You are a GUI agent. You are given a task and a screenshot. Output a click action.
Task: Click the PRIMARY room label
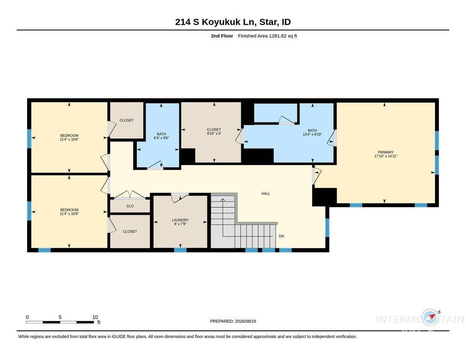(386, 152)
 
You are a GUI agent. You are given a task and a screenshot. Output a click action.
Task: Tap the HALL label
(266, 193)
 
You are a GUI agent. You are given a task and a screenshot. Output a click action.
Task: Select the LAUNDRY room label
(180, 220)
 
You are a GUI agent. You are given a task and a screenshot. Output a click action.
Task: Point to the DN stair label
(282, 236)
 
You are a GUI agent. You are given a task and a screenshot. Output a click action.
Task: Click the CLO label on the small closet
(130, 206)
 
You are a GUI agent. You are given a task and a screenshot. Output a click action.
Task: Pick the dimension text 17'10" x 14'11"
(386, 156)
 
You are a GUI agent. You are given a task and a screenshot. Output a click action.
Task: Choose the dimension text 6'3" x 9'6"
(161, 138)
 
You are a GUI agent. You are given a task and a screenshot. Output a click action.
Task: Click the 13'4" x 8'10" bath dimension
(312, 134)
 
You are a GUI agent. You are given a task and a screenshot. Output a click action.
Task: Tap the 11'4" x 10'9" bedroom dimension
(69, 214)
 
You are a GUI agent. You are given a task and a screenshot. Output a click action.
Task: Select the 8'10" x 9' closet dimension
(214, 133)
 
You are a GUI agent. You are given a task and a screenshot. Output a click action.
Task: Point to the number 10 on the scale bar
(95, 317)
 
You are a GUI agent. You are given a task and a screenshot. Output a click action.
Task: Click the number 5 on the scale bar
(60, 317)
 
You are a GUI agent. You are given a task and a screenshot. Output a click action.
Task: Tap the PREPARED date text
(233, 321)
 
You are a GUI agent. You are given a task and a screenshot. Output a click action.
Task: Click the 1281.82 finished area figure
(278, 36)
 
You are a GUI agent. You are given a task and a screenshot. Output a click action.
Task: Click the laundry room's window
(180, 250)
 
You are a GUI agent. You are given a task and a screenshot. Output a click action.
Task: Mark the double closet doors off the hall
(130, 195)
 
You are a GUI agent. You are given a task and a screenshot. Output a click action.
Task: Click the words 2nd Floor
(222, 36)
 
